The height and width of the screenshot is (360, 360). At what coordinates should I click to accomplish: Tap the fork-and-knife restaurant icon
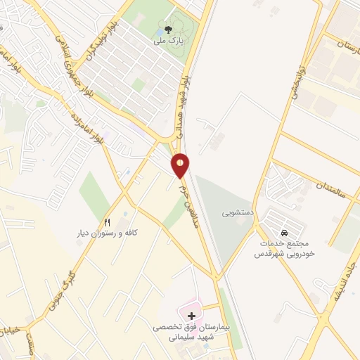(107, 220)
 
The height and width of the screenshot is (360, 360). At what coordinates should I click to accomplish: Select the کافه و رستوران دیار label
(107, 231)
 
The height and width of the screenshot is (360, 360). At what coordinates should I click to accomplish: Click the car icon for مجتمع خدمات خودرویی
(283, 232)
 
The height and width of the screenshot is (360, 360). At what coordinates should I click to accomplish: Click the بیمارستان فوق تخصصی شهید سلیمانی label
(192, 333)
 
